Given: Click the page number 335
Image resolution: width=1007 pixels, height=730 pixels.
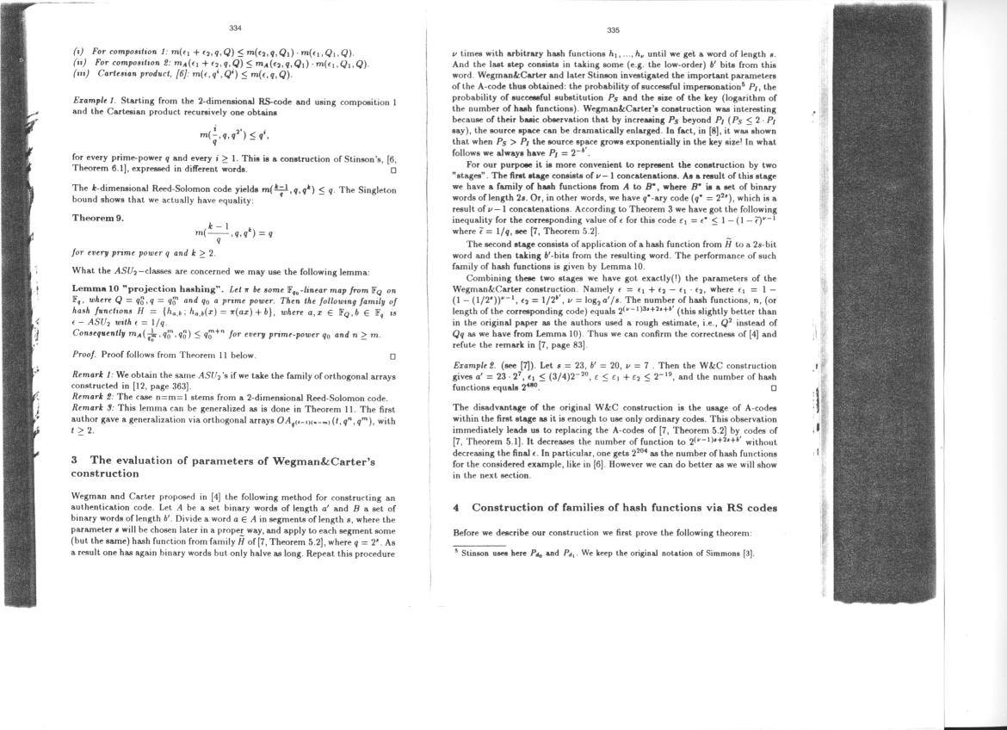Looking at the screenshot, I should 613,30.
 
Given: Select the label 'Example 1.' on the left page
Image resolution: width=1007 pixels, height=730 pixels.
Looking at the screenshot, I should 94,102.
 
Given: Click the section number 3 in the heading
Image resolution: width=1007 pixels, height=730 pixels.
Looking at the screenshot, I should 76,461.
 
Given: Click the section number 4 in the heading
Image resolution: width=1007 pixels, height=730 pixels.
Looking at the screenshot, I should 457,508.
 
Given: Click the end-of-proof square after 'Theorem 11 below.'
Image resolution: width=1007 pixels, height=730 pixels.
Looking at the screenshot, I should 392,355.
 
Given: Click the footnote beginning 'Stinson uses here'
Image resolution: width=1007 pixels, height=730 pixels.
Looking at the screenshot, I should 602,554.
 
